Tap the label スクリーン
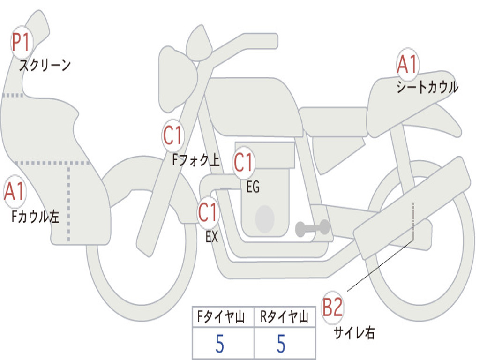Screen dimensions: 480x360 point(45,65)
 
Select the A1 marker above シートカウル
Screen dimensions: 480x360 point(407,64)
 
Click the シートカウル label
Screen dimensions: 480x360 point(427,87)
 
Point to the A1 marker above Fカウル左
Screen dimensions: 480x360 point(15,191)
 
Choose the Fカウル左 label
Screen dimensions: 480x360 point(35,217)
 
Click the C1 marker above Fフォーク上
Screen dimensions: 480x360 point(173,135)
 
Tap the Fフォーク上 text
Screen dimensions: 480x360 point(196,160)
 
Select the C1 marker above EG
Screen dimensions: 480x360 point(244,163)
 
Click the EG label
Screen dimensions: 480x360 point(253,187)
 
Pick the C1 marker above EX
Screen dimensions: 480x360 point(208,212)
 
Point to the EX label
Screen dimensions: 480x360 point(212,237)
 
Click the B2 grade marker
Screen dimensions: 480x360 point(332,307)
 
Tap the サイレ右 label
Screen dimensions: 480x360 point(354,332)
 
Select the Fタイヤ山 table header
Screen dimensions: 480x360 point(221,316)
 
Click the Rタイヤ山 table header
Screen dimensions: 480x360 point(284,316)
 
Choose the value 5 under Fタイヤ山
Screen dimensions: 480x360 point(220,344)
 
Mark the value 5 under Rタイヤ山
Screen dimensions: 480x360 point(281,344)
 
